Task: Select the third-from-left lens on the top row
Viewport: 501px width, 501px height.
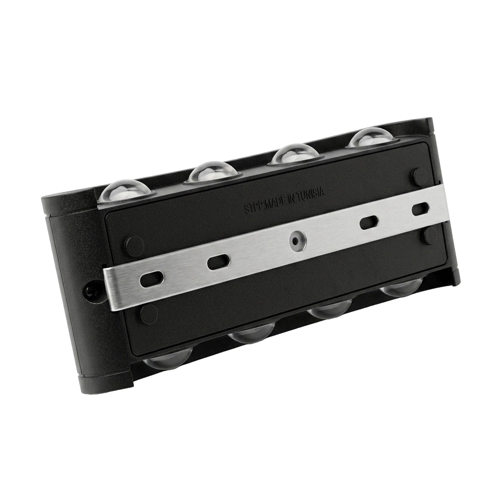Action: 296,154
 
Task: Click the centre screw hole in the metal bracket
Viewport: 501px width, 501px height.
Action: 297,240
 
